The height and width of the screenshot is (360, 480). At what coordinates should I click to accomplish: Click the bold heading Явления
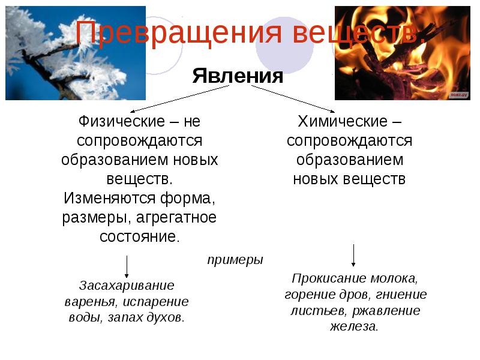pyautogui.click(x=238, y=76)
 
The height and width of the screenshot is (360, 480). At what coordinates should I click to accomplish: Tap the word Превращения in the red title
pyautogui.click(x=178, y=33)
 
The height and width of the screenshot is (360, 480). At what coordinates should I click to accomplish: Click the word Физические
pyautogui.click(x=122, y=121)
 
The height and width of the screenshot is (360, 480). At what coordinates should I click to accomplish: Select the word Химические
pyautogui.click(x=343, y=121)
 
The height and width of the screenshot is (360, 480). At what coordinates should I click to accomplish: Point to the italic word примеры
pyautogui.click(x=235, y=260)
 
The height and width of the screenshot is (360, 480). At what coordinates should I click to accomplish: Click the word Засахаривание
pyautogui.click(x=127, y=286)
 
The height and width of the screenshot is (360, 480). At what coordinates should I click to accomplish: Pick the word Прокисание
pyautogui.click(x=329, y=278)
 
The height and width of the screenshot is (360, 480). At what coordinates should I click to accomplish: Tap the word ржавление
pyautogui.click(x=386, y=311)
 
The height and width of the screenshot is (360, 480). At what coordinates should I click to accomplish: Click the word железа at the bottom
pyautogui.click(x=354, y=326)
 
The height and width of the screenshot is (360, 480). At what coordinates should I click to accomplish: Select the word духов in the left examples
pyautogui.click(x=166, y=317)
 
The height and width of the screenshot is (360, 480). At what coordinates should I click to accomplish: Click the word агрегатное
pyautogui.click(x=176, y=218)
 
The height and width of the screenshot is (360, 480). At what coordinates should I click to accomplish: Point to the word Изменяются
pyautogui.click(x=109, y=198)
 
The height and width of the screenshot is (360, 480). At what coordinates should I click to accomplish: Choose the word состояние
pyautogui.click(x=140, y=236)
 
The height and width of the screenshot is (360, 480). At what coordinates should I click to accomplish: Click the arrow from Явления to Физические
pyautogui.click(x=179, y=99)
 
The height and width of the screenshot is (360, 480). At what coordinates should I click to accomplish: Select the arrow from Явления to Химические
pyautogui.click(x=293, y=99)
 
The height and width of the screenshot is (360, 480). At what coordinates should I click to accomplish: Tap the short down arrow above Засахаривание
pyautogui.click(x=127, y=266)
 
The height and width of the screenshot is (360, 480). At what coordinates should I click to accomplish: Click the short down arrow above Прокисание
pyautogui.click(x=353, y=256)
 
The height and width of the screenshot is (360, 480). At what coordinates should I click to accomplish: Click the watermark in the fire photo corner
pyautogui.click(x=459, y=95)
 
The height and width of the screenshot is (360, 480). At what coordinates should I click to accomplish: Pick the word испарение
pyautogui.click(x=155, y=302)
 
